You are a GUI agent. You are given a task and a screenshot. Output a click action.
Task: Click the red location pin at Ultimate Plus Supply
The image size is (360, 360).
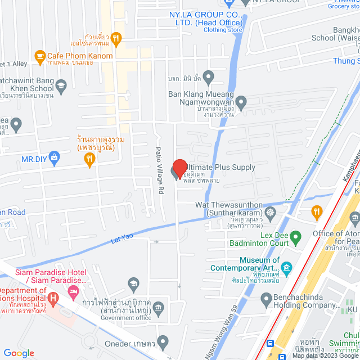[x=179, y=169]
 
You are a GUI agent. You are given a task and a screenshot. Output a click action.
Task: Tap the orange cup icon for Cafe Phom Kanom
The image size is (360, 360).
[x=39, y=56]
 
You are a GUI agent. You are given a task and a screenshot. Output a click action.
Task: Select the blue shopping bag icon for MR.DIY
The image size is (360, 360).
[x=54, y=156]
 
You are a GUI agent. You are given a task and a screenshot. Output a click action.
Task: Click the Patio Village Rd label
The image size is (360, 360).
[x=159, y=163]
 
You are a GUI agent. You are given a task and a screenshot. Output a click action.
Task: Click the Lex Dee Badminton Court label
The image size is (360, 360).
[x=259, y=238]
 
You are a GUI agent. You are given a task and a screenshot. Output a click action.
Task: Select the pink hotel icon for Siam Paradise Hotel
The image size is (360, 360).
[x=73, y=291]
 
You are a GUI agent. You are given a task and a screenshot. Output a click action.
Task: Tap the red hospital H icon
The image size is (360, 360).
[x=53, y=297]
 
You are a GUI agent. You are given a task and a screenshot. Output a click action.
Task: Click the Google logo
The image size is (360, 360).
[x=19, y=353]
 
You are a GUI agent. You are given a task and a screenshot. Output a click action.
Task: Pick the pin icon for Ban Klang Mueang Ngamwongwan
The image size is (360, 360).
[x=241, y=103]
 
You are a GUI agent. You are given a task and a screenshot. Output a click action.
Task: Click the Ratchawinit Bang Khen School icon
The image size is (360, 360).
[x=61, y=85]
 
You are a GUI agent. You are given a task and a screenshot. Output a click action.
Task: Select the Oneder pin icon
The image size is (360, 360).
[x=163, y=341]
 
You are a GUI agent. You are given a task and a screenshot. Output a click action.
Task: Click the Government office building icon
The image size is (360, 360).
[x=159, y=308]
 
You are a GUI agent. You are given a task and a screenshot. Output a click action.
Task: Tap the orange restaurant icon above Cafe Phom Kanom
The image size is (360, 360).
[x=116, y=38]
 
